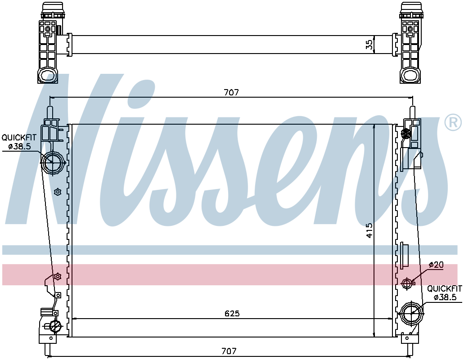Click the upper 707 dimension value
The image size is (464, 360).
click(231, 93)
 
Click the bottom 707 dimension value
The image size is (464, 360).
click(229, 351)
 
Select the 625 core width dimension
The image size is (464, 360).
click(232, 313)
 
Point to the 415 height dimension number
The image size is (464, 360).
click(369, 230)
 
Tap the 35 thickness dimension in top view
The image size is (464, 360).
click(369, 45)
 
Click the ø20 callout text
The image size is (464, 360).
click(436, 265)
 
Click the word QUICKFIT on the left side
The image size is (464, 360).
click(19, 138)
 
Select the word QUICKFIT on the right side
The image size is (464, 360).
click(445, 288)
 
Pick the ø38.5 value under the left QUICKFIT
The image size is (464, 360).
click(19, 146)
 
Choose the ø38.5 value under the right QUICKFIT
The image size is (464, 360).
click(445, 297)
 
